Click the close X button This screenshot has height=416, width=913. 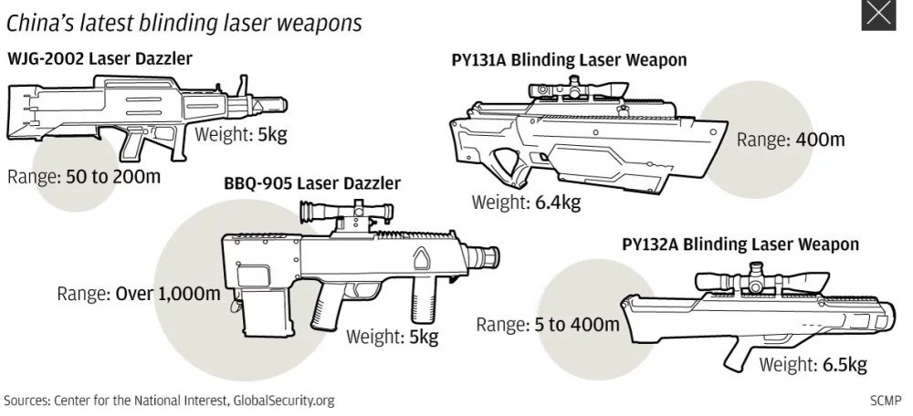pos(877,16)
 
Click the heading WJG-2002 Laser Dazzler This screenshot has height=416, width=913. pos(100,60)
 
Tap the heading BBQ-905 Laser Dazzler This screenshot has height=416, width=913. pos(311,183)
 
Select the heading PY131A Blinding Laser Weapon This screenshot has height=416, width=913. pos(569,60)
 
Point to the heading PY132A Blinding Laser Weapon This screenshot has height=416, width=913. pos(740,244)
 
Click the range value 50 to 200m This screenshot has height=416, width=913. pos(114,176)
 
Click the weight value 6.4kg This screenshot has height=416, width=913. pos(554,202)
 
